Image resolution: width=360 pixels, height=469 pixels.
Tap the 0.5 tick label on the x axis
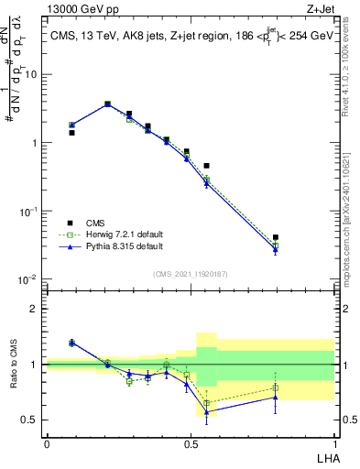point(191,443)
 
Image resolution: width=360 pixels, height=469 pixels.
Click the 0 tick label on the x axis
point(47,443)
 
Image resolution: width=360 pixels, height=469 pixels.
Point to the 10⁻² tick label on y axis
point(27,279)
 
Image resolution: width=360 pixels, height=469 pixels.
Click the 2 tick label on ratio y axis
point(34,309)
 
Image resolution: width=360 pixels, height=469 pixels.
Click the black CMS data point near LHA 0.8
point(276,237)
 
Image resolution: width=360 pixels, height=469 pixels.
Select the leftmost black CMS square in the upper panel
point(71,133)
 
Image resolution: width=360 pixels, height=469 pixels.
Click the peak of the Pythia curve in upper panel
point(107,104)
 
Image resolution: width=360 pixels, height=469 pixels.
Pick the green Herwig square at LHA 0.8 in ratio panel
point(276,388)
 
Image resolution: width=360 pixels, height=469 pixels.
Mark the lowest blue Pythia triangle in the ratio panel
point(207,412)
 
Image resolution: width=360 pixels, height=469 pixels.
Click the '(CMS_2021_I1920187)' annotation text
point(190,273)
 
